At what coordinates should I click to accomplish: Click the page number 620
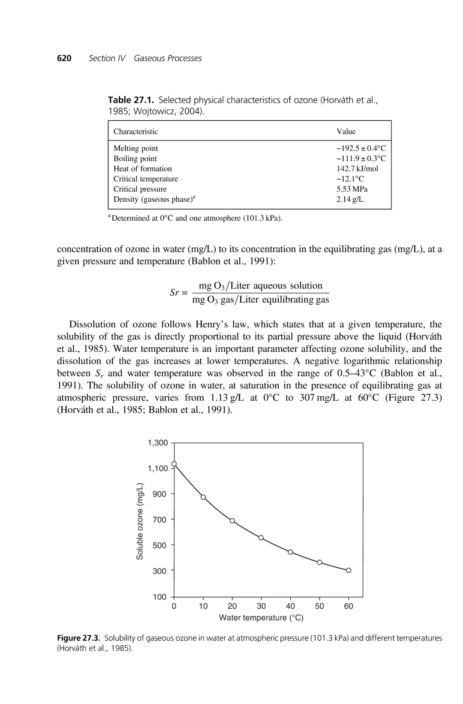click(x=64, y=58)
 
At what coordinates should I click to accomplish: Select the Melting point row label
click(x=135, y=148)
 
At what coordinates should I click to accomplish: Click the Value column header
click(x=346, y=132)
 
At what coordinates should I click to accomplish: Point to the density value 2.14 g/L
click(x=350, y=199)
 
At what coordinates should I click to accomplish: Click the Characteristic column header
click(x=135, y=132)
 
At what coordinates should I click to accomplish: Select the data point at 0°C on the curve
click(x=174, y=464)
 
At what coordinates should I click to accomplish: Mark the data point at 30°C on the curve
click(x=261, y=537)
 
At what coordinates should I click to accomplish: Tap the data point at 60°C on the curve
click(x=349, y=570)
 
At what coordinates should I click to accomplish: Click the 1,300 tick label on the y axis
click(x=158, y=443)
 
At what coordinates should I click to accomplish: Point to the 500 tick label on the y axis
click(x=159, y=545)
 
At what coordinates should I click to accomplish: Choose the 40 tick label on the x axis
click(x=290, y=606)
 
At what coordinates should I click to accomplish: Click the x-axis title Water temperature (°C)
click(x=261, y=618)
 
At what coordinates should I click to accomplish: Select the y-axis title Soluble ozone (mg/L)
click(x=140, y=521)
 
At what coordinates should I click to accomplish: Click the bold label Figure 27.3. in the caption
click(x=79, y=638)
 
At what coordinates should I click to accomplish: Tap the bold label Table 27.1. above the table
click(x=131, y=100)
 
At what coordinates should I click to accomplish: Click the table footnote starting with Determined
click(x=196, y=218)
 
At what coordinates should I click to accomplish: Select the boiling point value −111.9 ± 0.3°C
click(x=361, y=159)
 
